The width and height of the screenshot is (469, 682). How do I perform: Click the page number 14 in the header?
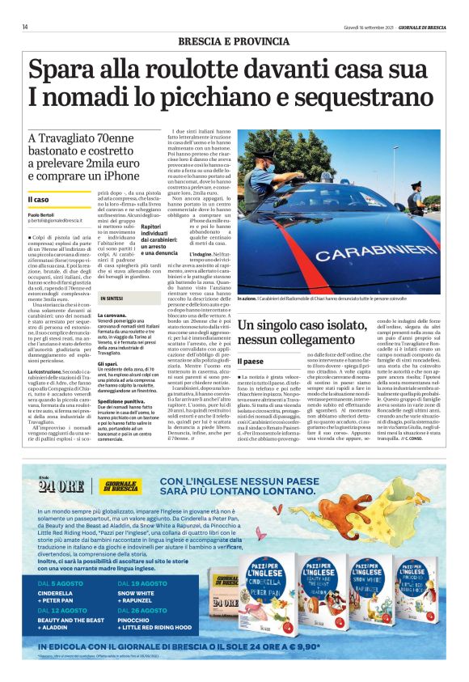point(25,27)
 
